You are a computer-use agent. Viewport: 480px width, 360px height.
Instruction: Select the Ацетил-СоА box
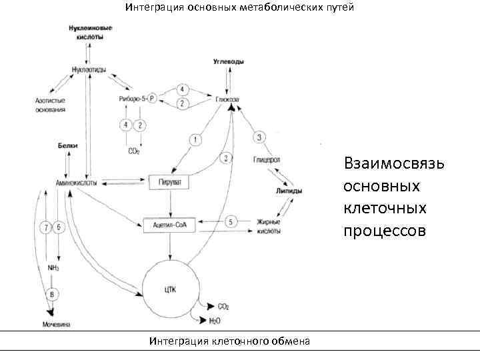pyautogui.click(x=169, y=225)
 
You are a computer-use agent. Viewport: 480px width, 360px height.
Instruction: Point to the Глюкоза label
pyautogui.click(x=227, y=99)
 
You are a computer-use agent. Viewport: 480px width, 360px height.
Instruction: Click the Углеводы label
pyautogui.click(x=228, y=61)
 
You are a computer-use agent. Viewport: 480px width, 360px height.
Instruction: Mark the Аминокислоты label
pyautogui.click(x=76, y=182)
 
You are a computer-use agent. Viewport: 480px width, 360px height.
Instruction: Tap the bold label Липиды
pyautogui.click(x=289, y=191)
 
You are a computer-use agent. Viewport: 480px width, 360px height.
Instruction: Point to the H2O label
pyautogui.click(x=215, y=321)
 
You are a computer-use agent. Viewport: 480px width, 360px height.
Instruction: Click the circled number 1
pyautogui.click(x=195, y=139)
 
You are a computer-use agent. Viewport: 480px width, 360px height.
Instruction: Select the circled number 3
pyautogui.click(x=259, y=137)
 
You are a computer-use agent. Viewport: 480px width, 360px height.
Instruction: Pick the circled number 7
pyautogui.click(x=45, y=227)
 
